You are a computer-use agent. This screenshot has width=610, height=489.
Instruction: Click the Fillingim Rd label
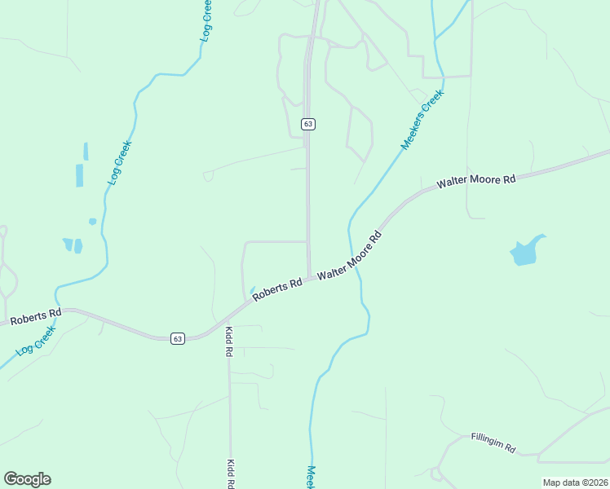(x=494, y=443)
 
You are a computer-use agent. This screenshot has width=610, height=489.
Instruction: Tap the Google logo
(x=27, y=479)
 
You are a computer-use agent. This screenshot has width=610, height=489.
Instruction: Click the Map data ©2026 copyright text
(x=575, y=482)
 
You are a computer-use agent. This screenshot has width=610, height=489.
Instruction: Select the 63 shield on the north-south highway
(x=307, y=124)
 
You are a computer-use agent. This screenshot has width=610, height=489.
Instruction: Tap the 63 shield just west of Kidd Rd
(x=178, y=338)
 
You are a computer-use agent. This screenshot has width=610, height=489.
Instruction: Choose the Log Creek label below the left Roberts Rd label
(x=34, y=341)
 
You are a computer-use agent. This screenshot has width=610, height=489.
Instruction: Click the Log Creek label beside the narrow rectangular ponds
(x=119, y=162)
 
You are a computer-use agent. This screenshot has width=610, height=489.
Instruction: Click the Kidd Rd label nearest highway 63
(x=229, y=341)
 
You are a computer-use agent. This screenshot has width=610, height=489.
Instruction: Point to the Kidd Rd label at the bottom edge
(x=230, y=473)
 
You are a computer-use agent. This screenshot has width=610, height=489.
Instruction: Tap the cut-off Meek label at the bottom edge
(x=311, y=478)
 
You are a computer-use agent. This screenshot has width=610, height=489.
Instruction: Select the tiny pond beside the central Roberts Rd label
(x=253, y=289)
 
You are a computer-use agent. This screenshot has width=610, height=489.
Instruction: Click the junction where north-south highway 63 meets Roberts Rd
(x=309, y=278)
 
